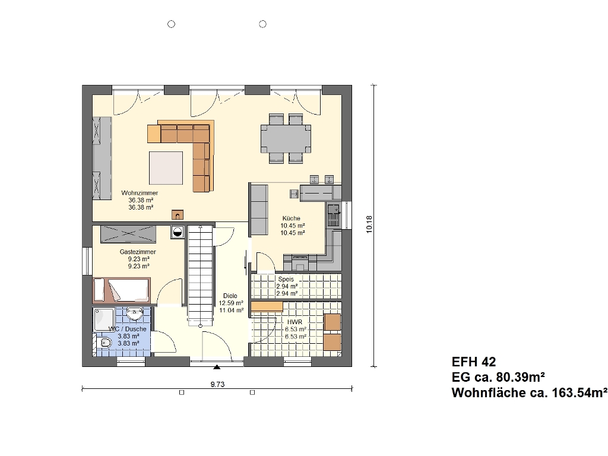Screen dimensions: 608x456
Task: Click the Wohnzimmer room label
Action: [140, 193]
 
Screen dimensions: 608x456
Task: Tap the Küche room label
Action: [291, 218]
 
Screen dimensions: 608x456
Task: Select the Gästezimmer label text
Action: [138, 252]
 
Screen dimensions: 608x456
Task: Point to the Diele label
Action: [230, 296]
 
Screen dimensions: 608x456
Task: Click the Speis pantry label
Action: [286, 279]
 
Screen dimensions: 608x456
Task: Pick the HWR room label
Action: [294, 322]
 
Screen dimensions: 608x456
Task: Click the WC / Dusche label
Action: [128, 329]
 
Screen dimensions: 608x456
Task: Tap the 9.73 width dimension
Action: [217, 384]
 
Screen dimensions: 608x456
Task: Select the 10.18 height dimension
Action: [369, 224]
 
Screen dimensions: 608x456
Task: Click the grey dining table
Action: [286, 139]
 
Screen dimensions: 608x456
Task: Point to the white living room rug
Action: [166, 168]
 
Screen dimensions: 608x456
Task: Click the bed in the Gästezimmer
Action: [121, 290]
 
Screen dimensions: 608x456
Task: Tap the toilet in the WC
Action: [104, 343]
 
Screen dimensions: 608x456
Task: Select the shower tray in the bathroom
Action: [104, 319]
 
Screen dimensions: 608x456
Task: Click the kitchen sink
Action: [332, 215]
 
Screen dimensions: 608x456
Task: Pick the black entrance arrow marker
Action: [217, 367]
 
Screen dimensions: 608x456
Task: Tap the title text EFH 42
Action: [473, 362]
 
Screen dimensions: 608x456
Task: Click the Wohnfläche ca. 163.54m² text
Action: [529, 392]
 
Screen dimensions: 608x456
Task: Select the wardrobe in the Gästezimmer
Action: [128, 234]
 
